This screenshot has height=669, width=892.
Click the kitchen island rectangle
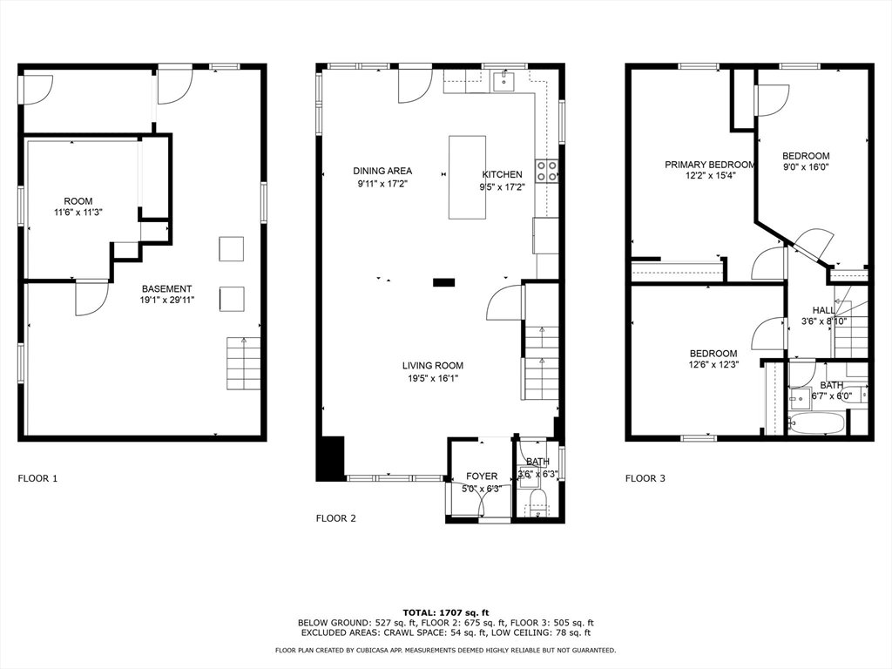467,177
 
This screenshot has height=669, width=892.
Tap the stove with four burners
547,172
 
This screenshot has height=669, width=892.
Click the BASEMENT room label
166,289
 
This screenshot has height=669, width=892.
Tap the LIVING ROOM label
432,366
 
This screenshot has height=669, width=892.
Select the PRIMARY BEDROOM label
710,165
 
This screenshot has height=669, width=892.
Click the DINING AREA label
382,171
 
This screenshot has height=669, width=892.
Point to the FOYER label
481,476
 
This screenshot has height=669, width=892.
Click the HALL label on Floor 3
823,310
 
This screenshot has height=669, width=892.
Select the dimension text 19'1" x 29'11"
167,300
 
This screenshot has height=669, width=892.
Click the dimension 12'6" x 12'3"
713,365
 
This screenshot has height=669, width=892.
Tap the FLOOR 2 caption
335,518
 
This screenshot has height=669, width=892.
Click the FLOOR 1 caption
37,478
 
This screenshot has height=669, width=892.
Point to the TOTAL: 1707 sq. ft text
445,612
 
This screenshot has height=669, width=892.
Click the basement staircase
244,363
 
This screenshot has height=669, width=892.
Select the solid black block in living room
443,282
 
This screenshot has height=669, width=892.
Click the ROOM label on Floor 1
78,201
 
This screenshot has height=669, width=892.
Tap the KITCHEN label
502,174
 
